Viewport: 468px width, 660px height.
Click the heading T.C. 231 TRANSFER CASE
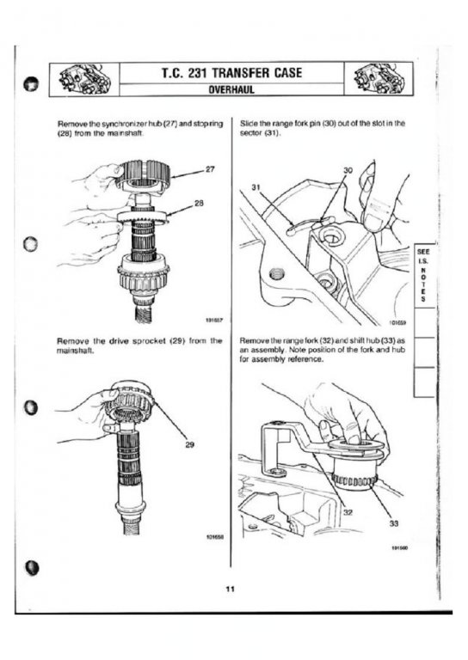(232, 73)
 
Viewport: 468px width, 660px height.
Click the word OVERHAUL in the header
(232, 89)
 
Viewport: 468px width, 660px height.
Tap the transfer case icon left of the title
(83, 79)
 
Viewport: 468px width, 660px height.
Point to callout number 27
(210, 169)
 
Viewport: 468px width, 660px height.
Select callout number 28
(200, 203)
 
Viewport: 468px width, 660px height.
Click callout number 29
(189, 444)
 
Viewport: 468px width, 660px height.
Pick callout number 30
(348, 170)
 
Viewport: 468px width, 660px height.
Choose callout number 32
(348, 512)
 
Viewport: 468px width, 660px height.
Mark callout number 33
(393, 523)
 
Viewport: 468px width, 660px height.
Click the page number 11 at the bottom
(230, 589)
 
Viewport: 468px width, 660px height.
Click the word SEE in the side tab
(423, 252)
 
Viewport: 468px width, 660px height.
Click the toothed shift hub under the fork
(354, 474)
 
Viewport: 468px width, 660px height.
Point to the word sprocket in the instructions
(149, 341)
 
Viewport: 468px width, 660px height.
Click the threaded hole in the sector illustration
(277, 274)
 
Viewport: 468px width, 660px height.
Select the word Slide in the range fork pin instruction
(248, 124)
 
